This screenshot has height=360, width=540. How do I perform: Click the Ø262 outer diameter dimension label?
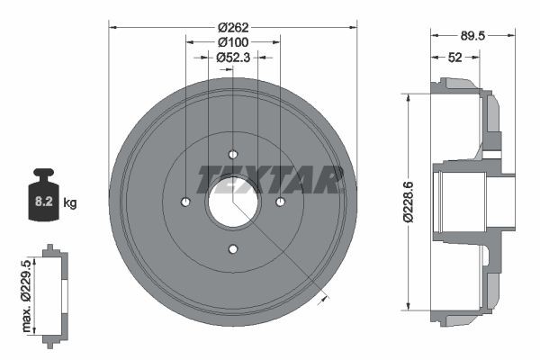pos(233,27)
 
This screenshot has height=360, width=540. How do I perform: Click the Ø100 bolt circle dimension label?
pos(233,42)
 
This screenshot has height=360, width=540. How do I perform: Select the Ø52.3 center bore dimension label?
pos(233,58)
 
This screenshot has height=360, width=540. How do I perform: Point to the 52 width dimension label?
pos(454,58)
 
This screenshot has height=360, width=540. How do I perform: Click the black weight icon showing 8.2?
pos(42,193)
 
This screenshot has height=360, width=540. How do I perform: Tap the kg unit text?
pos(70,203)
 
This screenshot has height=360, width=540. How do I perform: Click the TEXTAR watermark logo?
pos(270,179)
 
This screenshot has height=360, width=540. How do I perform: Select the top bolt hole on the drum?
pos(233,153)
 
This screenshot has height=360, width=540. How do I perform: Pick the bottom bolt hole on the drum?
pos(233,247)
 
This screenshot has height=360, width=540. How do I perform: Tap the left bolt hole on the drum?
pos(186,201)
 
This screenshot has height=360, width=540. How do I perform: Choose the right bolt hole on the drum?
pos(280,201)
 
